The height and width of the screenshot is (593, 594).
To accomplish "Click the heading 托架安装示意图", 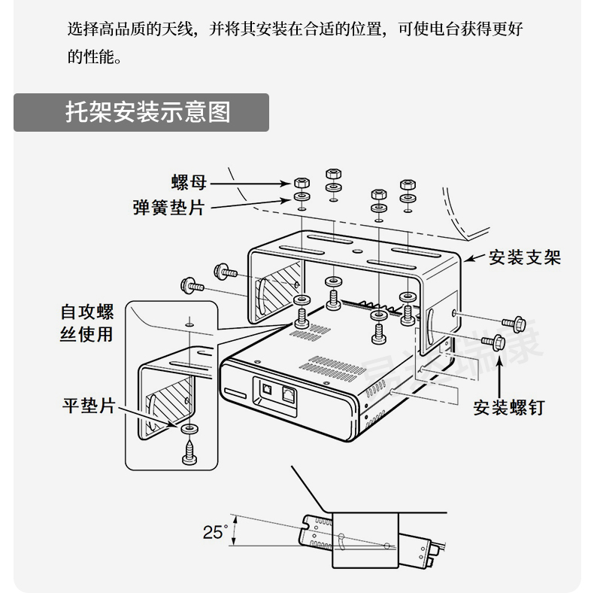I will click(x=147, y=113).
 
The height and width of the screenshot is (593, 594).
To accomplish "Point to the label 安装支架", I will click(x=525, y=258).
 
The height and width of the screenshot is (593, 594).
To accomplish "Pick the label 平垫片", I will click(x=88, y=406).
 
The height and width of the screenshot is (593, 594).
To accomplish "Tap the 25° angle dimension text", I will click(x=214, y=532).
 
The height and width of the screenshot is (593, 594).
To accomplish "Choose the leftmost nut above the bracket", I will click(x=301, y=184).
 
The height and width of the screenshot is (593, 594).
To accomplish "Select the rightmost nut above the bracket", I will click(x=408, y=184).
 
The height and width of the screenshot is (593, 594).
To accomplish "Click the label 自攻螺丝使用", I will click(x=86, y=323).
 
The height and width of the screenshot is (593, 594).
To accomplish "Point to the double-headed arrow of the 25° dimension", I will click(x=235, y=531).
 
